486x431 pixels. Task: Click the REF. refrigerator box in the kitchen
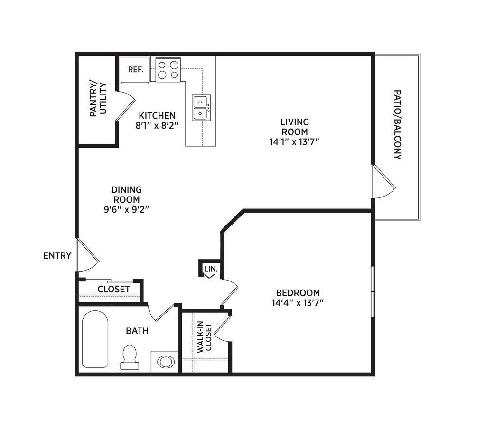(x=135, y=70)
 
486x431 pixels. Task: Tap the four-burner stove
(x=168, y=70)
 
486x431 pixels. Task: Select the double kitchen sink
(x=201, y=108)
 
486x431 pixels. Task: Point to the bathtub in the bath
(x=94, y=339)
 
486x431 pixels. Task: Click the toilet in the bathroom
(x=129, y=357)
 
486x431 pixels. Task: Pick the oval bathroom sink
(x=166, y=362)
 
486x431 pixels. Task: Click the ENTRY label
(x=57, y=256)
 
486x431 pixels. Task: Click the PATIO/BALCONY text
(x=398, y=124)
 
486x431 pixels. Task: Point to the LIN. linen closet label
(x=210, y=269)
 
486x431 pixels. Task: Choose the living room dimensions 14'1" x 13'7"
(x=294, y=141)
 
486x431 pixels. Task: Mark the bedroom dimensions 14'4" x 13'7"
(x=299, y=303)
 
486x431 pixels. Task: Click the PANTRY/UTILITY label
(x=98, y=99)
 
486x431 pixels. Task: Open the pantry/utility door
(x=125, y=104)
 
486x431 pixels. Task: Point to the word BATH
(x=137, y=330)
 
